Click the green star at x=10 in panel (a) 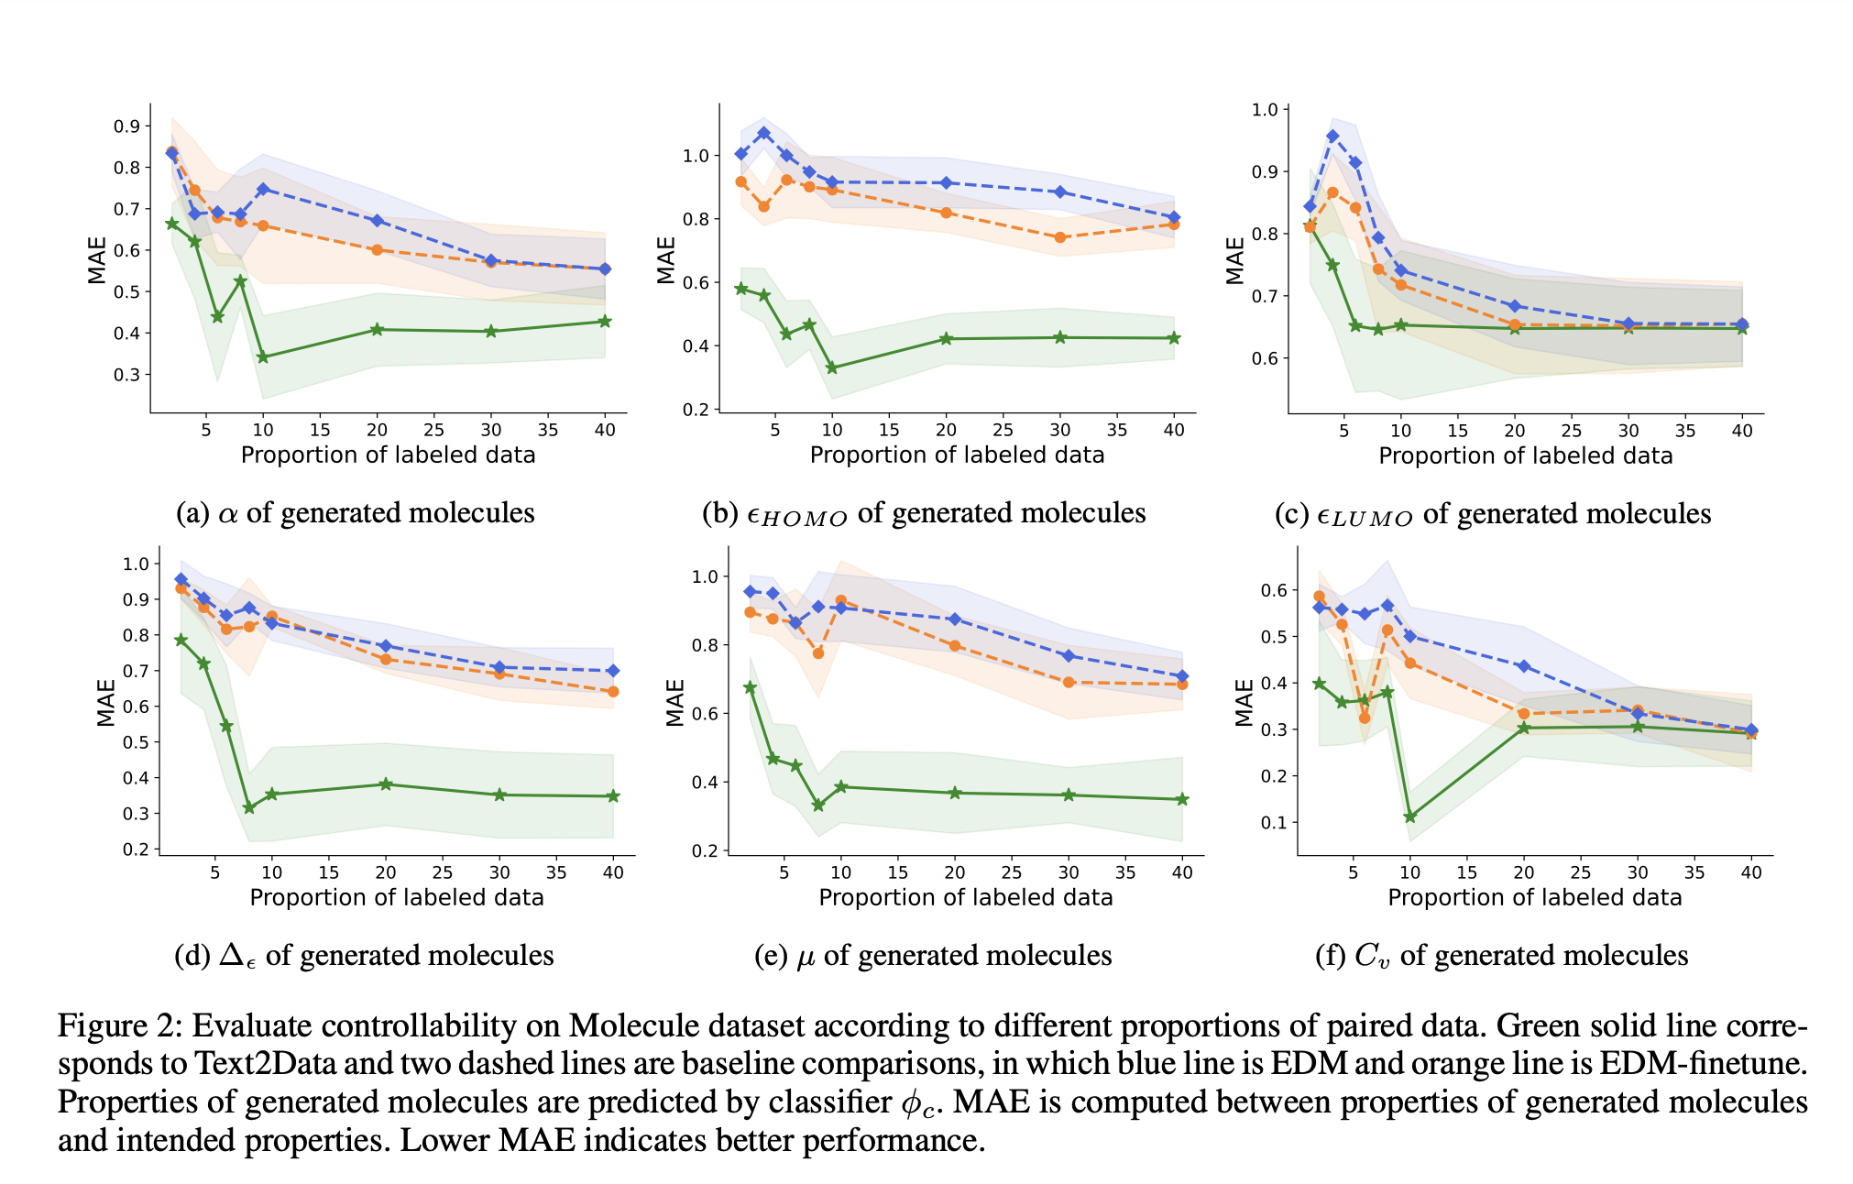[263, 357]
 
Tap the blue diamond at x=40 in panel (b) [1174, 217]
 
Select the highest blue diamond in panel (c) [1332, 136]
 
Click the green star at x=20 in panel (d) [386, 784]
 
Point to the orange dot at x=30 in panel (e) [1069, 683]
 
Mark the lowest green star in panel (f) [1410, 817]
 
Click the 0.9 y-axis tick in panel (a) [126, 126]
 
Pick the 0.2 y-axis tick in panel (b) [696, 410]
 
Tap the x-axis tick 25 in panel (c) [1572, 431]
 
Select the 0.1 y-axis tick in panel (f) [1274, 822]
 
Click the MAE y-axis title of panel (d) [106, 703]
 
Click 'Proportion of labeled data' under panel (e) [966, 897]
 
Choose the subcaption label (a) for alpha [192, 512]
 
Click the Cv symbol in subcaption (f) [1372, 956]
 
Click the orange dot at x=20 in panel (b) [947, 213]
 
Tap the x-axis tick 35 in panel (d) [556, 873]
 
